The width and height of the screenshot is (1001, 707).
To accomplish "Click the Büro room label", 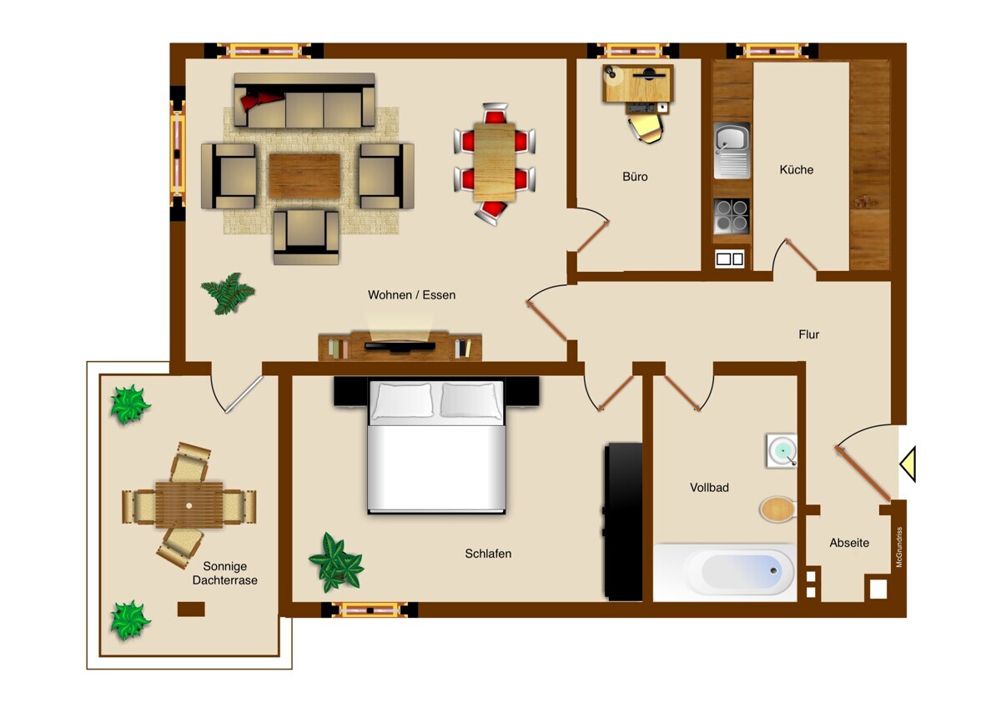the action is [x=635, y=177].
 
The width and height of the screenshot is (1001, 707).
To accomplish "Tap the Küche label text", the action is [x=797, y=170].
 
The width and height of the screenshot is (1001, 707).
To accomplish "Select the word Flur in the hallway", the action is [x=809, y=334].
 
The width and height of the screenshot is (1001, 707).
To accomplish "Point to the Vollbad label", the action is [x=709, y=487].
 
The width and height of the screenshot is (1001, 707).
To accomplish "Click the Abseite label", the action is [x=849, y=543].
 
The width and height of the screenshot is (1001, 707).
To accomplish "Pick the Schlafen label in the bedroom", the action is [x=488, y=554].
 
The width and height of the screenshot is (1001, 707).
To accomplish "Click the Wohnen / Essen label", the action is [x=411, y=295].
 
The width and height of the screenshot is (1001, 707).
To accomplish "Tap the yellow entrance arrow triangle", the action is [x=908, y=464].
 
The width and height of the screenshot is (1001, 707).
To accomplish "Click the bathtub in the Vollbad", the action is [x=724, y=572].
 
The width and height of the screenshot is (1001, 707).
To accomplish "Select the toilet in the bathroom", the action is [x=778, y=509].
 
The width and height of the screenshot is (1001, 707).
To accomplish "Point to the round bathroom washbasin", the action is [x=782, y=450].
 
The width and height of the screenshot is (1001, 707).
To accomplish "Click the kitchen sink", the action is [x=732, y=151].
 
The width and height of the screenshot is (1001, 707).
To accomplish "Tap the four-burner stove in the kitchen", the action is [x=732, y=216].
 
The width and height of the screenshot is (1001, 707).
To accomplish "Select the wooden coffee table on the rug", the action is [x=304, y=175].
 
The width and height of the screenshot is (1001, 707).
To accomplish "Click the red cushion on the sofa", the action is [x=259, y=100].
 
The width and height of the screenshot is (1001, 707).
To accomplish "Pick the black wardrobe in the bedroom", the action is [x=623, y=521].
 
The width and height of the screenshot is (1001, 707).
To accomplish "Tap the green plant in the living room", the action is [x=229, y=293].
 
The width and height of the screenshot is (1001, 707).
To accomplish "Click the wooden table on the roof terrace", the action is [x=189, y=504].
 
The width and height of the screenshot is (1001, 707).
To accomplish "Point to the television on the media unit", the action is [x=400, y=346].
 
